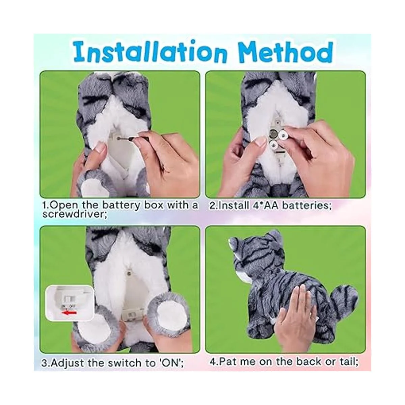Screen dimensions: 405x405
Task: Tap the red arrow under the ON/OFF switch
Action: pyautogui.click(x=70, y=313)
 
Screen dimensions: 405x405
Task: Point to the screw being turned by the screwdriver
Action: pyautogui.click(x=119, y=138)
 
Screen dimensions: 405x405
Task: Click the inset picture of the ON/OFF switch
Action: pyautogui.click(x=70, y=303)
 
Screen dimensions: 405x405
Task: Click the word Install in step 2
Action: pyautogui.click(x=234, y=205)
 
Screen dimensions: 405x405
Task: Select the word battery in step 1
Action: pyautogui.click(x=121, y=205)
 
